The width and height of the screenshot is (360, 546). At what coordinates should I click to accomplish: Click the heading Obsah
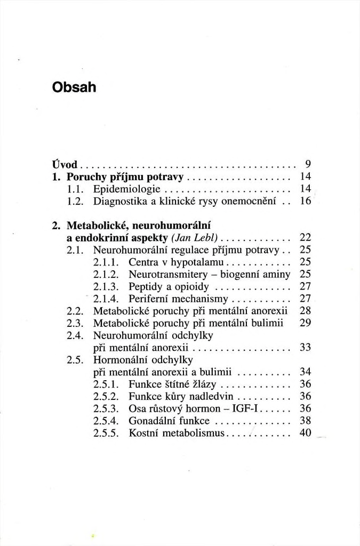(x=74, y=86)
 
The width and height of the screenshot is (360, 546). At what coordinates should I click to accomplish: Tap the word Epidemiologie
(x=123, y=189)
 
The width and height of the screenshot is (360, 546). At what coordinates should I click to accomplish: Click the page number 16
(x=305, y=202)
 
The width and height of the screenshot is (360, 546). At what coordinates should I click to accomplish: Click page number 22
(x=305, y=237)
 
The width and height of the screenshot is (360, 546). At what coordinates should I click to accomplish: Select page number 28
(x=305, y=311)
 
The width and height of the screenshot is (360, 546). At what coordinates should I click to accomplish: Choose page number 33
(x=305, y=348)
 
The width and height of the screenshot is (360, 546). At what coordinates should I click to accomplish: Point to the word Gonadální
(x=151, y=421)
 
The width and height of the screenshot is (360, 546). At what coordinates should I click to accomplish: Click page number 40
(x=305, y=433)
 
